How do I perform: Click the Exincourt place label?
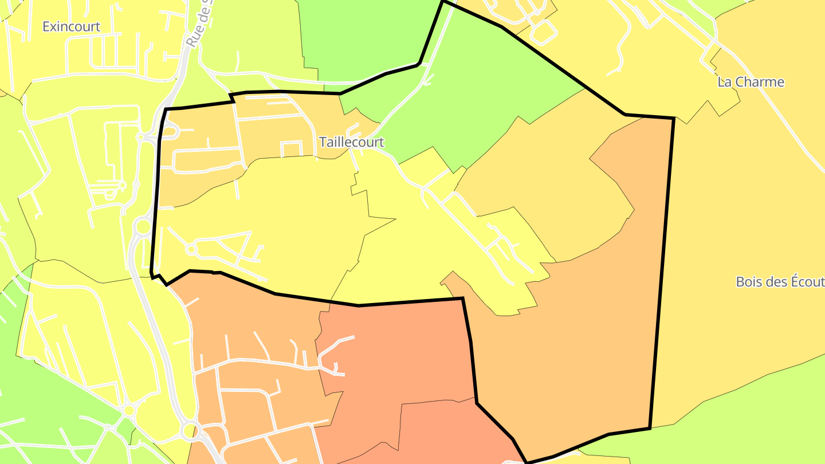[72, 26]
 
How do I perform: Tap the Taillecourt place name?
[351, 142]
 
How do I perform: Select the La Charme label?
[751, 82]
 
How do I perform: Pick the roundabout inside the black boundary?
[191, 249]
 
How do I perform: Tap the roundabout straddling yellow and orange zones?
[189, 429]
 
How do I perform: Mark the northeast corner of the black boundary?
[673, 119]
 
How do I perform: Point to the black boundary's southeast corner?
[650, 428]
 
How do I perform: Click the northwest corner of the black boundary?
[166, 109]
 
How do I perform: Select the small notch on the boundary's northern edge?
[232, 98]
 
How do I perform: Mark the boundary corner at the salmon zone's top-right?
[462, 298]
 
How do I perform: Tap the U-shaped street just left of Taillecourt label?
[292, 148]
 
